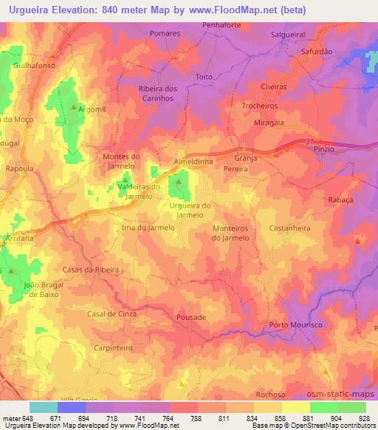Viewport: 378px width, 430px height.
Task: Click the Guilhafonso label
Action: point(34,65)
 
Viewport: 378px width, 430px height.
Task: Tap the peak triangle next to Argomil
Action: point(72,108)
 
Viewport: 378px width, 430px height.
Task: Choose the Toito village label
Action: point(204,77)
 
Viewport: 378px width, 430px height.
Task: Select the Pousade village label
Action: point(191,317)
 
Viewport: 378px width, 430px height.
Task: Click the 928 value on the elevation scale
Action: point(363,419)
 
